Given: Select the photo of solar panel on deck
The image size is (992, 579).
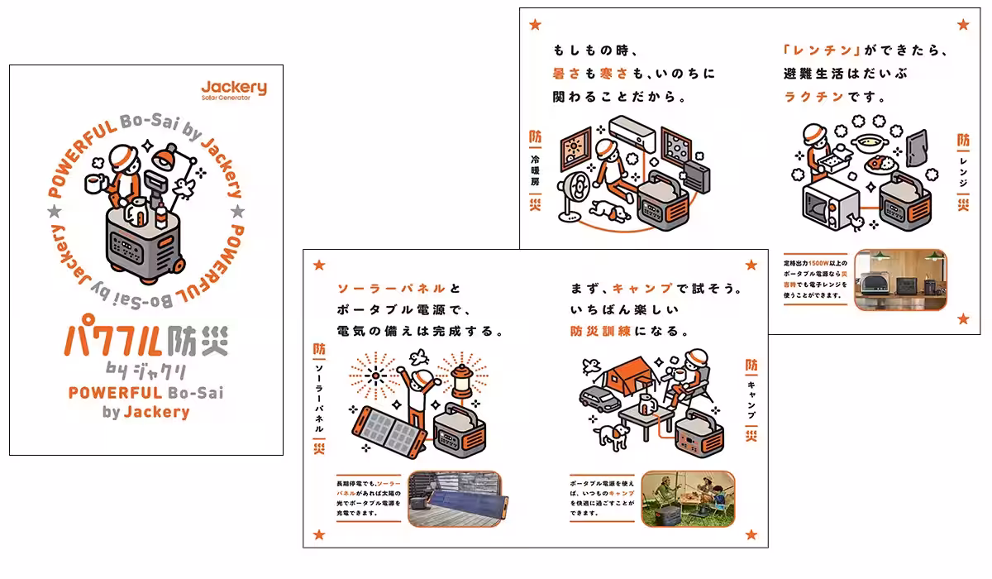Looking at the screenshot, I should [x=454, y=498].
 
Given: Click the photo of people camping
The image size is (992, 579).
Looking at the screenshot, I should [x=688, y=498].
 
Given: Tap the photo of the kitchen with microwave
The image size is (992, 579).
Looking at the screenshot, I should [x=899, y=280].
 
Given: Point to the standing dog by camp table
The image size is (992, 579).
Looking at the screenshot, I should [x=611, y=435].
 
